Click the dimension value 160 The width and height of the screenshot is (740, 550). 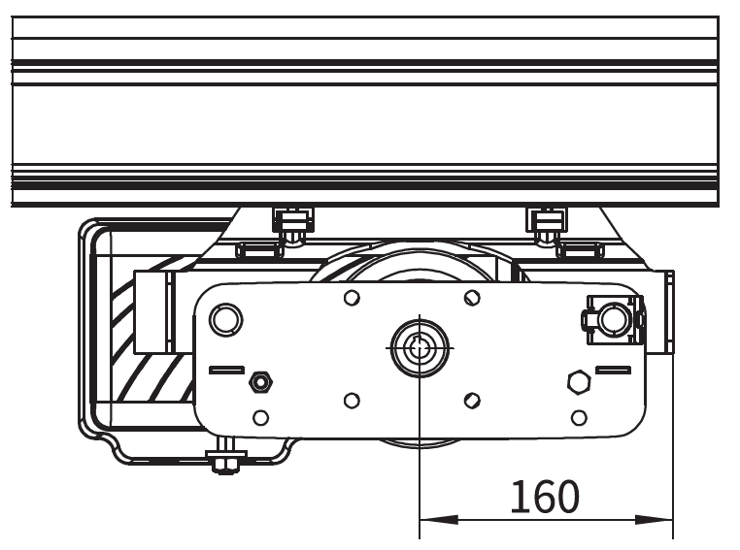(545, 496)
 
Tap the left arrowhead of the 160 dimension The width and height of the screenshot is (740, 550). (438, 520)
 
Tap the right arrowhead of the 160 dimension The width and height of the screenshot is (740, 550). (655, 520)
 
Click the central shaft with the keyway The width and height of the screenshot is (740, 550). (420, 348)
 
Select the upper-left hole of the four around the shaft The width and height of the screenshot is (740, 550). (352, 298)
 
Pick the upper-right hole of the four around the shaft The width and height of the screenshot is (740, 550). (472, 298)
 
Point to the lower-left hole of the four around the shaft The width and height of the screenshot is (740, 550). (352, 401)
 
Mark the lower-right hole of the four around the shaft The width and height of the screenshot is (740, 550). (472, 401)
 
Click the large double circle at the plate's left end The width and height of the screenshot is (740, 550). (225, 319)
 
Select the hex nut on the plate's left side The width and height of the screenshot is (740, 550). (260, 382)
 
